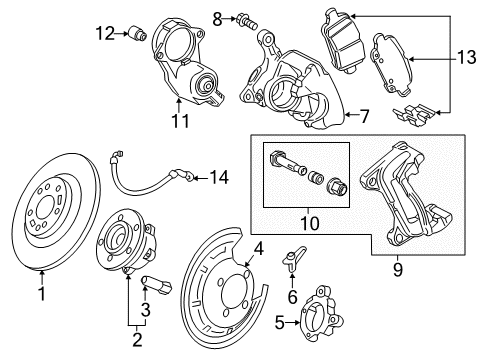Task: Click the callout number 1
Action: click(42, 295)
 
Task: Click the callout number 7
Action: click(364, 116)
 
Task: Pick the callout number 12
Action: click(106, 34)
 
